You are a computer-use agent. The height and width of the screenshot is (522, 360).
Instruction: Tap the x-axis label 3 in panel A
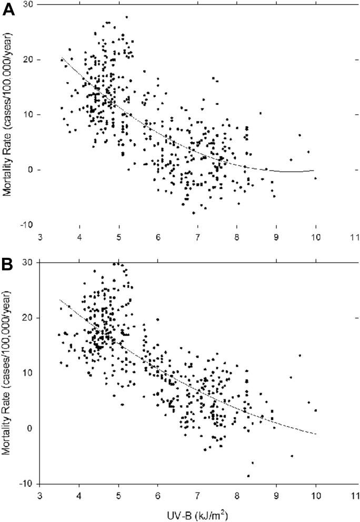40,237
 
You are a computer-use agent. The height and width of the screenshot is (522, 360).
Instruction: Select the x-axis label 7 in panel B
197,495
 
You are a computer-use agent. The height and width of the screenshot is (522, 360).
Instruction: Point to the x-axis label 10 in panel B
315,495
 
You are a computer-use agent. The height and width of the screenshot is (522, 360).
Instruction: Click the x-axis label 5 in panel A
118,237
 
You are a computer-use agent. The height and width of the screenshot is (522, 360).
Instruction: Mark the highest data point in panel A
126,17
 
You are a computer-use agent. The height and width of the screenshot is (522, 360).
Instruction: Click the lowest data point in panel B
248,476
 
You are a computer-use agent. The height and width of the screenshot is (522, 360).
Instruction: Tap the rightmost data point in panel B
315,410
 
